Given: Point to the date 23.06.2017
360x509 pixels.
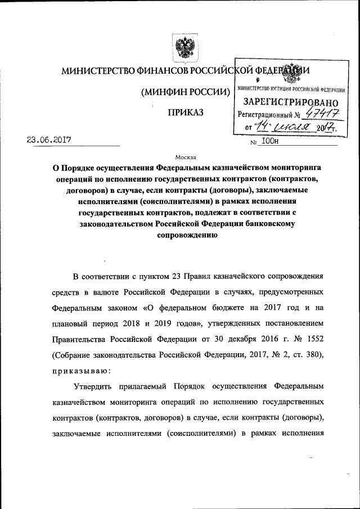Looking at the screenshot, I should click(51, 140).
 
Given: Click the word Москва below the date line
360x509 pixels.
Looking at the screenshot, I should click(186, 158).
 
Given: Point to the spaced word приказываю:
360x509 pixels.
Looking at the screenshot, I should click(81, 371).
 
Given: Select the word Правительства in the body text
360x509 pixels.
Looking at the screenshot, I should click(80, 340).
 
